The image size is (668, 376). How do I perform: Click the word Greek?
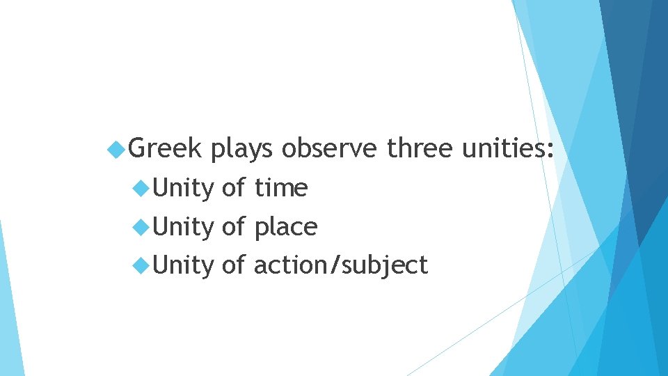[166, 148]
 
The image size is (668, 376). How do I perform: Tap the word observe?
[330, 148]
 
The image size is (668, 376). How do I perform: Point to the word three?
[419, 148]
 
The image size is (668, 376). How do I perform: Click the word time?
[280, 187]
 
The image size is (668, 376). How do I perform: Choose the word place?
[285, 227]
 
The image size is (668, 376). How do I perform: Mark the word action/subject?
[340, 266]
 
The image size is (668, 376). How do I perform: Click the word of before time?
[234, 187]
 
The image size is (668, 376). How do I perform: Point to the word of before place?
[234, 226]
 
